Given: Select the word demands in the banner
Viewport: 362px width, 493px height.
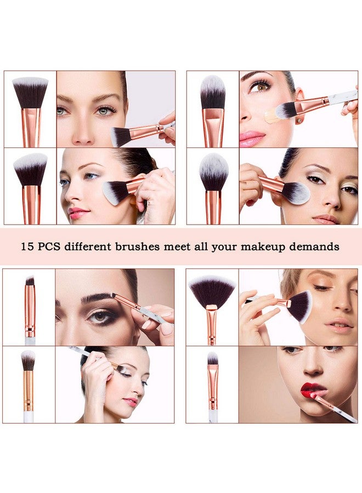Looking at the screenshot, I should point(311,247).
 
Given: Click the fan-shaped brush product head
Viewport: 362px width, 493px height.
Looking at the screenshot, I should point(212,290).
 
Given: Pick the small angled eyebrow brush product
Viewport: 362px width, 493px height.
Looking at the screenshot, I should point(30,307).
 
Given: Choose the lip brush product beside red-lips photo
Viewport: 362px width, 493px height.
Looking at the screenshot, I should point(213,383).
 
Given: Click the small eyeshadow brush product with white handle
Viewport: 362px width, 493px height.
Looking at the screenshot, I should point(29,383).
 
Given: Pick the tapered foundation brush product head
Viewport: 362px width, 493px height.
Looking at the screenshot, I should point(213,93).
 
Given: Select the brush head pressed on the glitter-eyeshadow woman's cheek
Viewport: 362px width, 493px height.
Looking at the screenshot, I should point(297,193).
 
